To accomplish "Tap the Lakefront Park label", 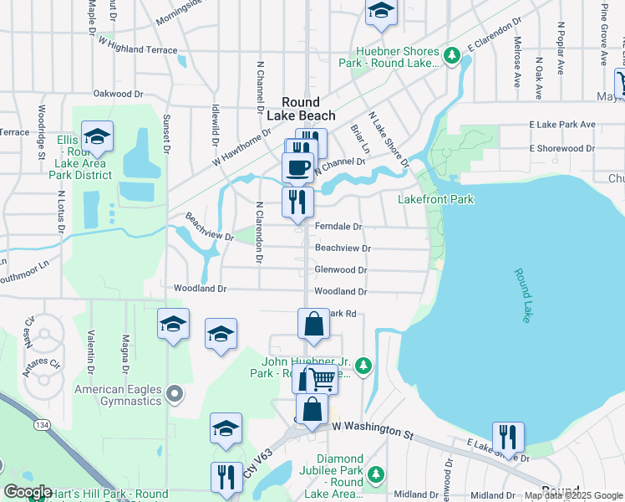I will tap(436, 199).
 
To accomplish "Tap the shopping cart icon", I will tap(323, 379).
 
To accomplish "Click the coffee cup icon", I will tap(297, 167).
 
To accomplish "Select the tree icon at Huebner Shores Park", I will tap(452, 56).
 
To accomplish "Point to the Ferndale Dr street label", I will tap(338, 227).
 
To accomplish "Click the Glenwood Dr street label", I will tap(340, 270).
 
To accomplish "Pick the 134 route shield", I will tap(39, 427).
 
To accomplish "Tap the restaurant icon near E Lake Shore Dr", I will tap(508, 437).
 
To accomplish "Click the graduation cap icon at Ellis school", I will tap(98, 137).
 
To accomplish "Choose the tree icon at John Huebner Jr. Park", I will tap(363, 365).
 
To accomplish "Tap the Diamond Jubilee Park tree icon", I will tap(376, 474).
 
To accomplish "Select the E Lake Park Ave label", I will tap(561, 125).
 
